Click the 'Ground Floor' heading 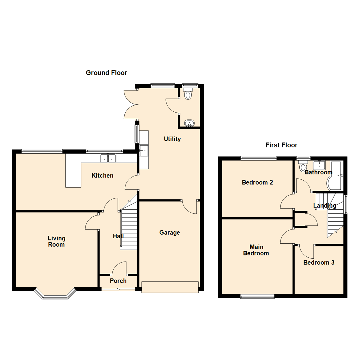coord(106,73)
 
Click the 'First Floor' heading coord(281,145)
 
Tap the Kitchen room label coord(103,175)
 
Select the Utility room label coord(172,139)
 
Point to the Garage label coord(169,232)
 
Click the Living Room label coord(56,241)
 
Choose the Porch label coord(118,281)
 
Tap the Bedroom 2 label coord(257,182)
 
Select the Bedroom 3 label coord(319,262)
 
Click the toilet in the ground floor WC coord(188,94)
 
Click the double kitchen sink coord(108,158)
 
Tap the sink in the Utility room coord(144,151)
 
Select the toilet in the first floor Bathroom coord(303,167)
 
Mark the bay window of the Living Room coord(55,294)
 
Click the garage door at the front coord(170,287)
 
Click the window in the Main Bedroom coord(258,296)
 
